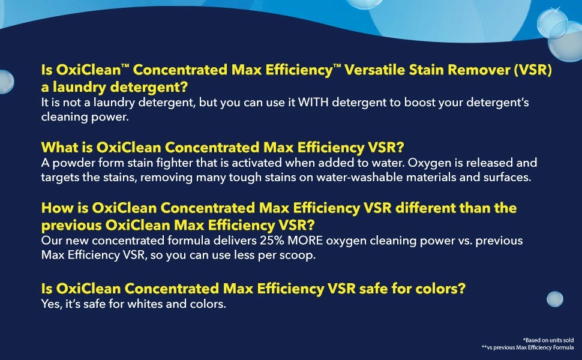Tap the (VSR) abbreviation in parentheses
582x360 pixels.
click(533, 70)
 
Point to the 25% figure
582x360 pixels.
click(272, 241)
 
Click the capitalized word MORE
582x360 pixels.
click(305, 241)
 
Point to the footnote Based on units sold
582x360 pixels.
click(548, 340)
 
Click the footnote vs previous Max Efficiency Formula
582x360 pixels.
click(528, 347)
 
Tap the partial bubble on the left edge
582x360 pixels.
click(7, 82)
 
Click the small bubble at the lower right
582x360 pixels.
click(555, 299)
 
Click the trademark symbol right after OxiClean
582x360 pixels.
click(125, 65)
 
